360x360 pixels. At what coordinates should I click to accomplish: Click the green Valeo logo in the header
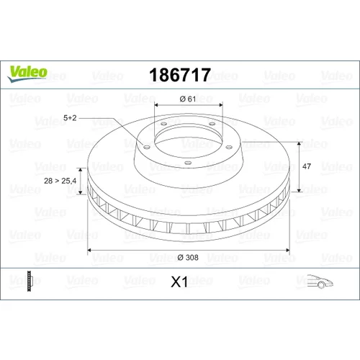coord(27,73)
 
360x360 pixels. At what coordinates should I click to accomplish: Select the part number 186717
coord(180,75)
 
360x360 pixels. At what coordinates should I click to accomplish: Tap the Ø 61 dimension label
coord(188,99)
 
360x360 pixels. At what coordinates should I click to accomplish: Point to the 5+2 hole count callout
coord(70,118)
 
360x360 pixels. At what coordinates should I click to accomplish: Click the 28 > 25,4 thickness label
coord(60,181)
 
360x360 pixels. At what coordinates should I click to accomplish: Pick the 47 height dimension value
coord(307,166)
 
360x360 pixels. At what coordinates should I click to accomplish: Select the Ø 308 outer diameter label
coord(188,258)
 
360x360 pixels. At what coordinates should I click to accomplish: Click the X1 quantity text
coord(179,282)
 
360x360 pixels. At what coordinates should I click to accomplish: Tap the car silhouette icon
coord(320,281)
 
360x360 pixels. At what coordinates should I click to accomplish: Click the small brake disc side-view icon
coord(29,281)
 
